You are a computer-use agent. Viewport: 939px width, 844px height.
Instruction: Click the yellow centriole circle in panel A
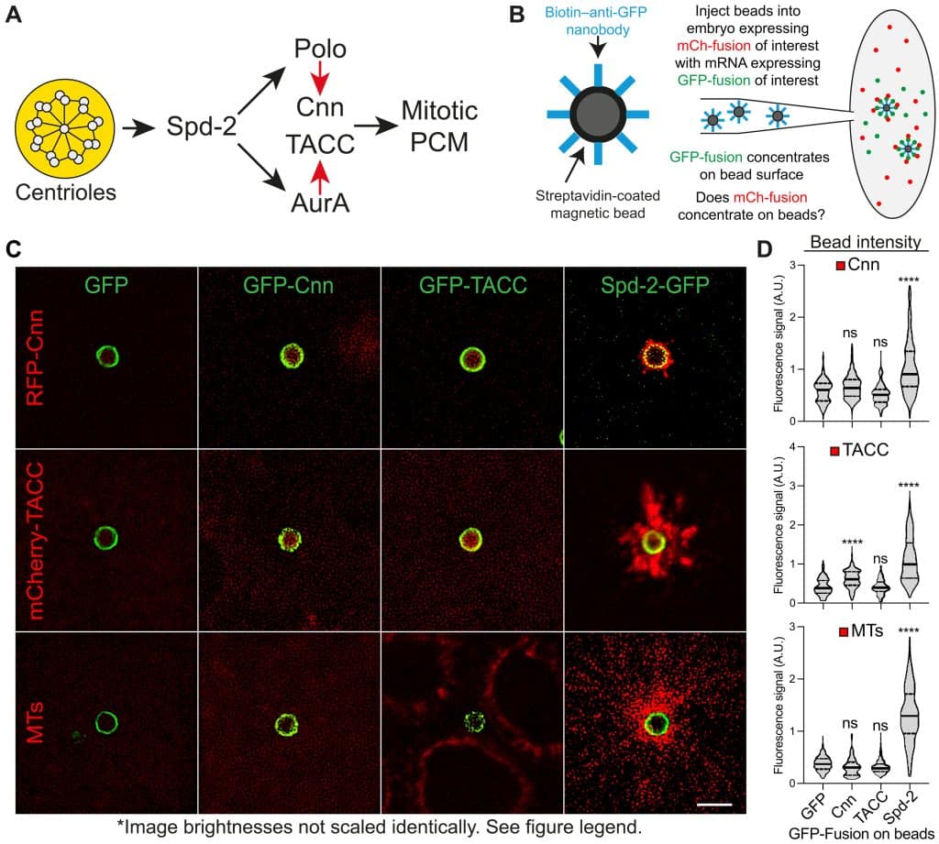[x=65, y=128]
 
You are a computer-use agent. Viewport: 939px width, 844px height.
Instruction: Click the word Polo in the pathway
[x=320, y=49]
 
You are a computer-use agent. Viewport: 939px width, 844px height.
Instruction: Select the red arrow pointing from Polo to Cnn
[x=320, y=78]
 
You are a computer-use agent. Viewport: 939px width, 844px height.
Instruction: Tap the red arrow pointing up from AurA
[x=320, y=177]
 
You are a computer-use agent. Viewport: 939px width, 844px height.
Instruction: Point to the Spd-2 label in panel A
[x=202, y=126]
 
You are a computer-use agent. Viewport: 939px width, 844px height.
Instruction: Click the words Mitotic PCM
[x=439, y=126]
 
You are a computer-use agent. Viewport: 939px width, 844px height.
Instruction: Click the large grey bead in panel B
[x=598, y=114]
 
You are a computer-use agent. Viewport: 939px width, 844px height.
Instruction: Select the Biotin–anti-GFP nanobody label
[x=596, y=21]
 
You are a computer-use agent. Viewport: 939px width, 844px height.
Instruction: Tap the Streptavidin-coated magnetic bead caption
[x=598, y=204]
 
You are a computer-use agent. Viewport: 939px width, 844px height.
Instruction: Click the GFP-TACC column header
[x=472, y=285]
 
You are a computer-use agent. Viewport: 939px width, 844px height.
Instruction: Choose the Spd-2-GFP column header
[x=655, y=285]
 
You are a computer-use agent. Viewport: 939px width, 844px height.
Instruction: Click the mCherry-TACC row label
[x=36, y=541]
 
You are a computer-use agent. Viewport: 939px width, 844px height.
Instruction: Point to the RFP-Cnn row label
[x=36, y=357]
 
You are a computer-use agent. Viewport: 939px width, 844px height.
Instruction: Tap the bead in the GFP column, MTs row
[x=106, y=722]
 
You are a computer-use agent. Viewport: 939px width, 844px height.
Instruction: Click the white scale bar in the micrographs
[x=714, y=805]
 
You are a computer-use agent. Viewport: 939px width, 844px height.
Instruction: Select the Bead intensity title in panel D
[x=866, y=242]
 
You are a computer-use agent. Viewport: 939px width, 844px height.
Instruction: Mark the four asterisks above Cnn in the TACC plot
[x=852, y=543]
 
